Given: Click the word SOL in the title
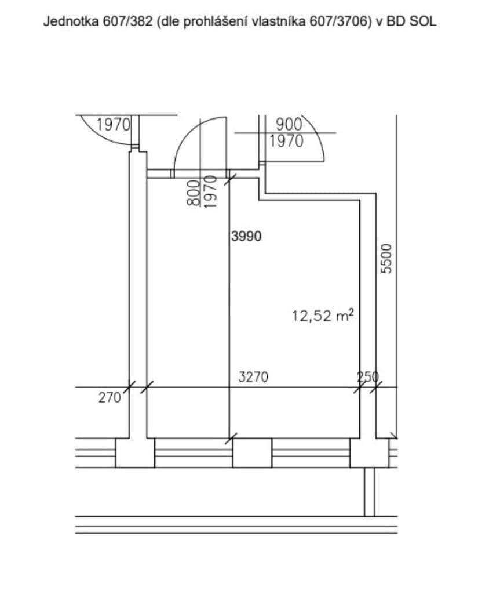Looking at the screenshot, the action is click(423, 21).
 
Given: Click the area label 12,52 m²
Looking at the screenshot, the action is click(323, 316).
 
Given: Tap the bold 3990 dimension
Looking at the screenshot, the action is click(246, 236).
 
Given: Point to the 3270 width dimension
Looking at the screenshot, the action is click(253, 376).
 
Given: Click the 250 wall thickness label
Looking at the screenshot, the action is click(367, 377).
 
